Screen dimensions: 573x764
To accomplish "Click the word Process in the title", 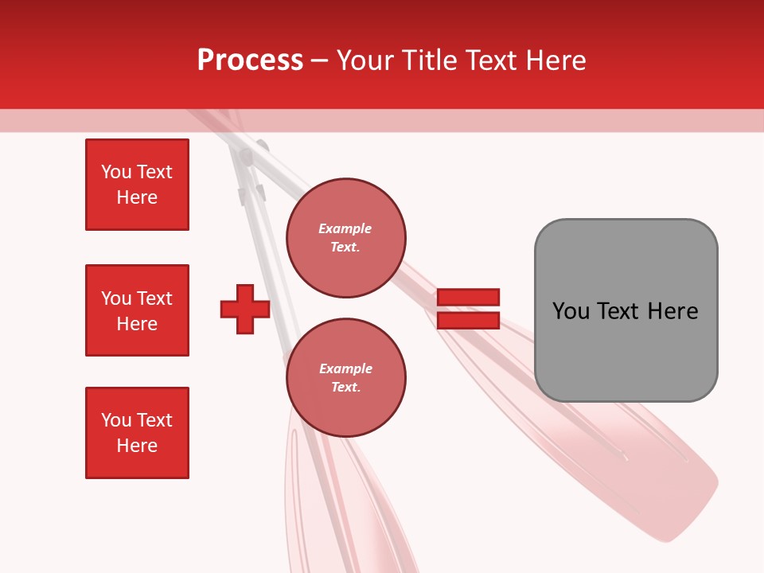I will point(250,60).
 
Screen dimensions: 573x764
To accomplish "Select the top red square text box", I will point(137,185).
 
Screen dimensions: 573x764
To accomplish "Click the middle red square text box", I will point(137,310).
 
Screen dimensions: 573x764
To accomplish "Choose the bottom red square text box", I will point(137,433).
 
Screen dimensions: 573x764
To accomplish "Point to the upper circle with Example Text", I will point(345,238).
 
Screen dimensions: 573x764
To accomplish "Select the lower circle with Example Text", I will point(345,378).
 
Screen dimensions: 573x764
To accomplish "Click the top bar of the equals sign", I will point(468,298).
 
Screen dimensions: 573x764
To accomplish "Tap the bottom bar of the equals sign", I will point(468,321).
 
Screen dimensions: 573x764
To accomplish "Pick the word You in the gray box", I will point(571,311).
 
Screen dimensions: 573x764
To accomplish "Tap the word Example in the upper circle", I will point(345,228).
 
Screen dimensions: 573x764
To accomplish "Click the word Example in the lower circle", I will point(345,368).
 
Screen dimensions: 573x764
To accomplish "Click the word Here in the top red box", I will point(137,197).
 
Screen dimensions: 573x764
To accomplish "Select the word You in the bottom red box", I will point(116,420).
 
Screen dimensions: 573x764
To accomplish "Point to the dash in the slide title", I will point(320,60).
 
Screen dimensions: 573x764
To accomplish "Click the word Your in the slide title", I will point(366,60).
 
